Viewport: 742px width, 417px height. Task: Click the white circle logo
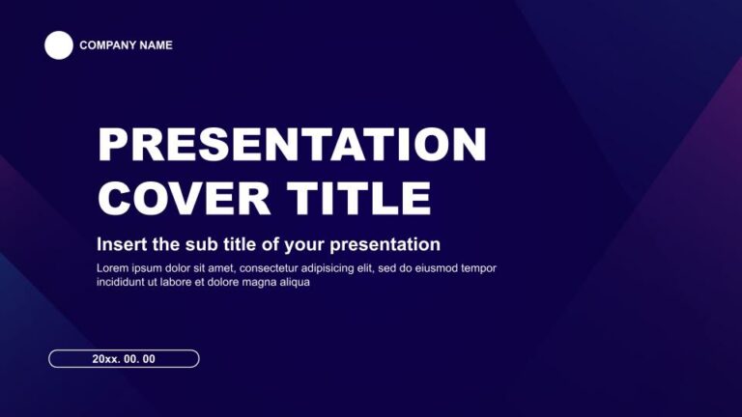coord(59,45)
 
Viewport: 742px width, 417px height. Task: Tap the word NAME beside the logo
coord(157,45)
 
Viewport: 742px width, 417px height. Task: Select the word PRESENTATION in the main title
coord(292,145)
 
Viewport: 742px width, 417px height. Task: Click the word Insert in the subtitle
coord(121,244)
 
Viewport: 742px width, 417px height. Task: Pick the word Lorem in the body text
coord(112,268)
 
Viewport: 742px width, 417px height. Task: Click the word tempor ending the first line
coord(479,268)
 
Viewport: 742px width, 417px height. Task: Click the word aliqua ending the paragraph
coord(294,283)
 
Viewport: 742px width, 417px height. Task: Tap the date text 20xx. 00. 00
coord(124,359)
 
